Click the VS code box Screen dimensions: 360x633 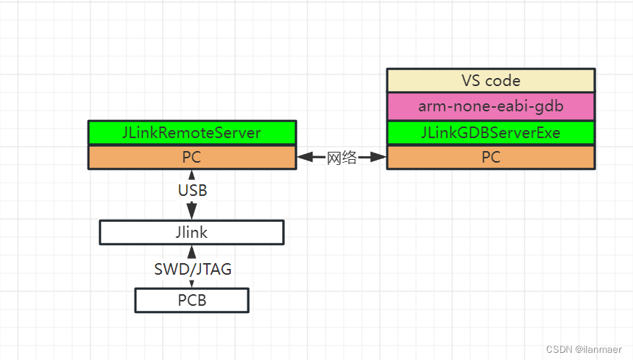click(490, 80)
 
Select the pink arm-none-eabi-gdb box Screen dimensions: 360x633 click(490, 106)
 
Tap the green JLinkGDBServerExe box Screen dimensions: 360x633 click(490, 132)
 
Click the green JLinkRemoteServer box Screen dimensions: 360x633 click(192, 132)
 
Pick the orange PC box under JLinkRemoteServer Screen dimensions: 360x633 click(192, 157)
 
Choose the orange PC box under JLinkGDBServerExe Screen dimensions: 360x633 click(490, 157)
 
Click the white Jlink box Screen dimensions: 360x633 click(192, 232)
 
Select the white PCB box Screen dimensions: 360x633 click(192, 300)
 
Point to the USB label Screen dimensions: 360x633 click(192, 191)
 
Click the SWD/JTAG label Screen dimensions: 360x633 click(192, 269)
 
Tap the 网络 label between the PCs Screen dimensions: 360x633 click(341, 158)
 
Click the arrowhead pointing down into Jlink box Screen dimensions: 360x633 click(192, 212)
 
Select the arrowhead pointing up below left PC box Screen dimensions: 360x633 click(192, 176)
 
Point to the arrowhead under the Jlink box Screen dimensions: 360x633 click(192, 252)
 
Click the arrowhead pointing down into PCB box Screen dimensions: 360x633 click(192, 283)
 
